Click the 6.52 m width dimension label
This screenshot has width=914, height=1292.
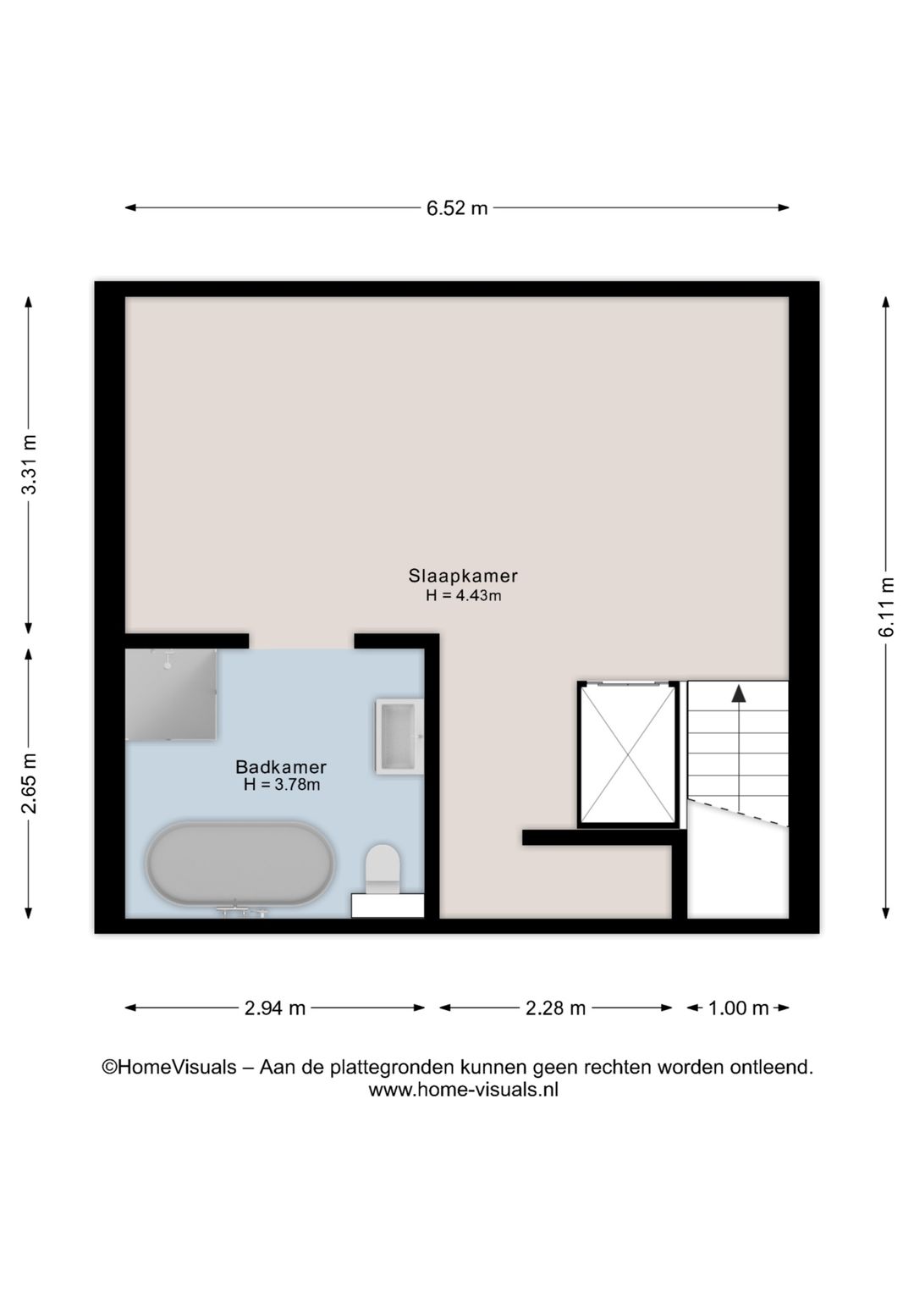(457, 208)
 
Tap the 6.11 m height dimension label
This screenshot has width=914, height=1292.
(886, 607)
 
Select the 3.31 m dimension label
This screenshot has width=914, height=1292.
(29, 464)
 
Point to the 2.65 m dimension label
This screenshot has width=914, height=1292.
(29, 782)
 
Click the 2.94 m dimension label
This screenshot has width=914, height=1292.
(275, 1008)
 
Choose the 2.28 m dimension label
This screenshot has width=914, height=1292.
(555, 1008)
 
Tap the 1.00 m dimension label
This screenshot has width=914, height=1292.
(738, 1008)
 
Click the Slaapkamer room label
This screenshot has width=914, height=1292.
(463, 576)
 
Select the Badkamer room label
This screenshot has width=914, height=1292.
(281, 767)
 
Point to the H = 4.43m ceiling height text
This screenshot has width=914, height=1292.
(464, 595)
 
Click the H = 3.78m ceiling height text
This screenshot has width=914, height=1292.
(282, 784)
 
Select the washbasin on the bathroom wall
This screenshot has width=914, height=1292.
(399, 737)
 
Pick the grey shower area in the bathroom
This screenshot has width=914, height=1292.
(171, 694)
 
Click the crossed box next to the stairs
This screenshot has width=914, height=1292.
(628, 754)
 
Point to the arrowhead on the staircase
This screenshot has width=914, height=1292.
(738, 694)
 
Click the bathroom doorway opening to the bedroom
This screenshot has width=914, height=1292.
(301, 642)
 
